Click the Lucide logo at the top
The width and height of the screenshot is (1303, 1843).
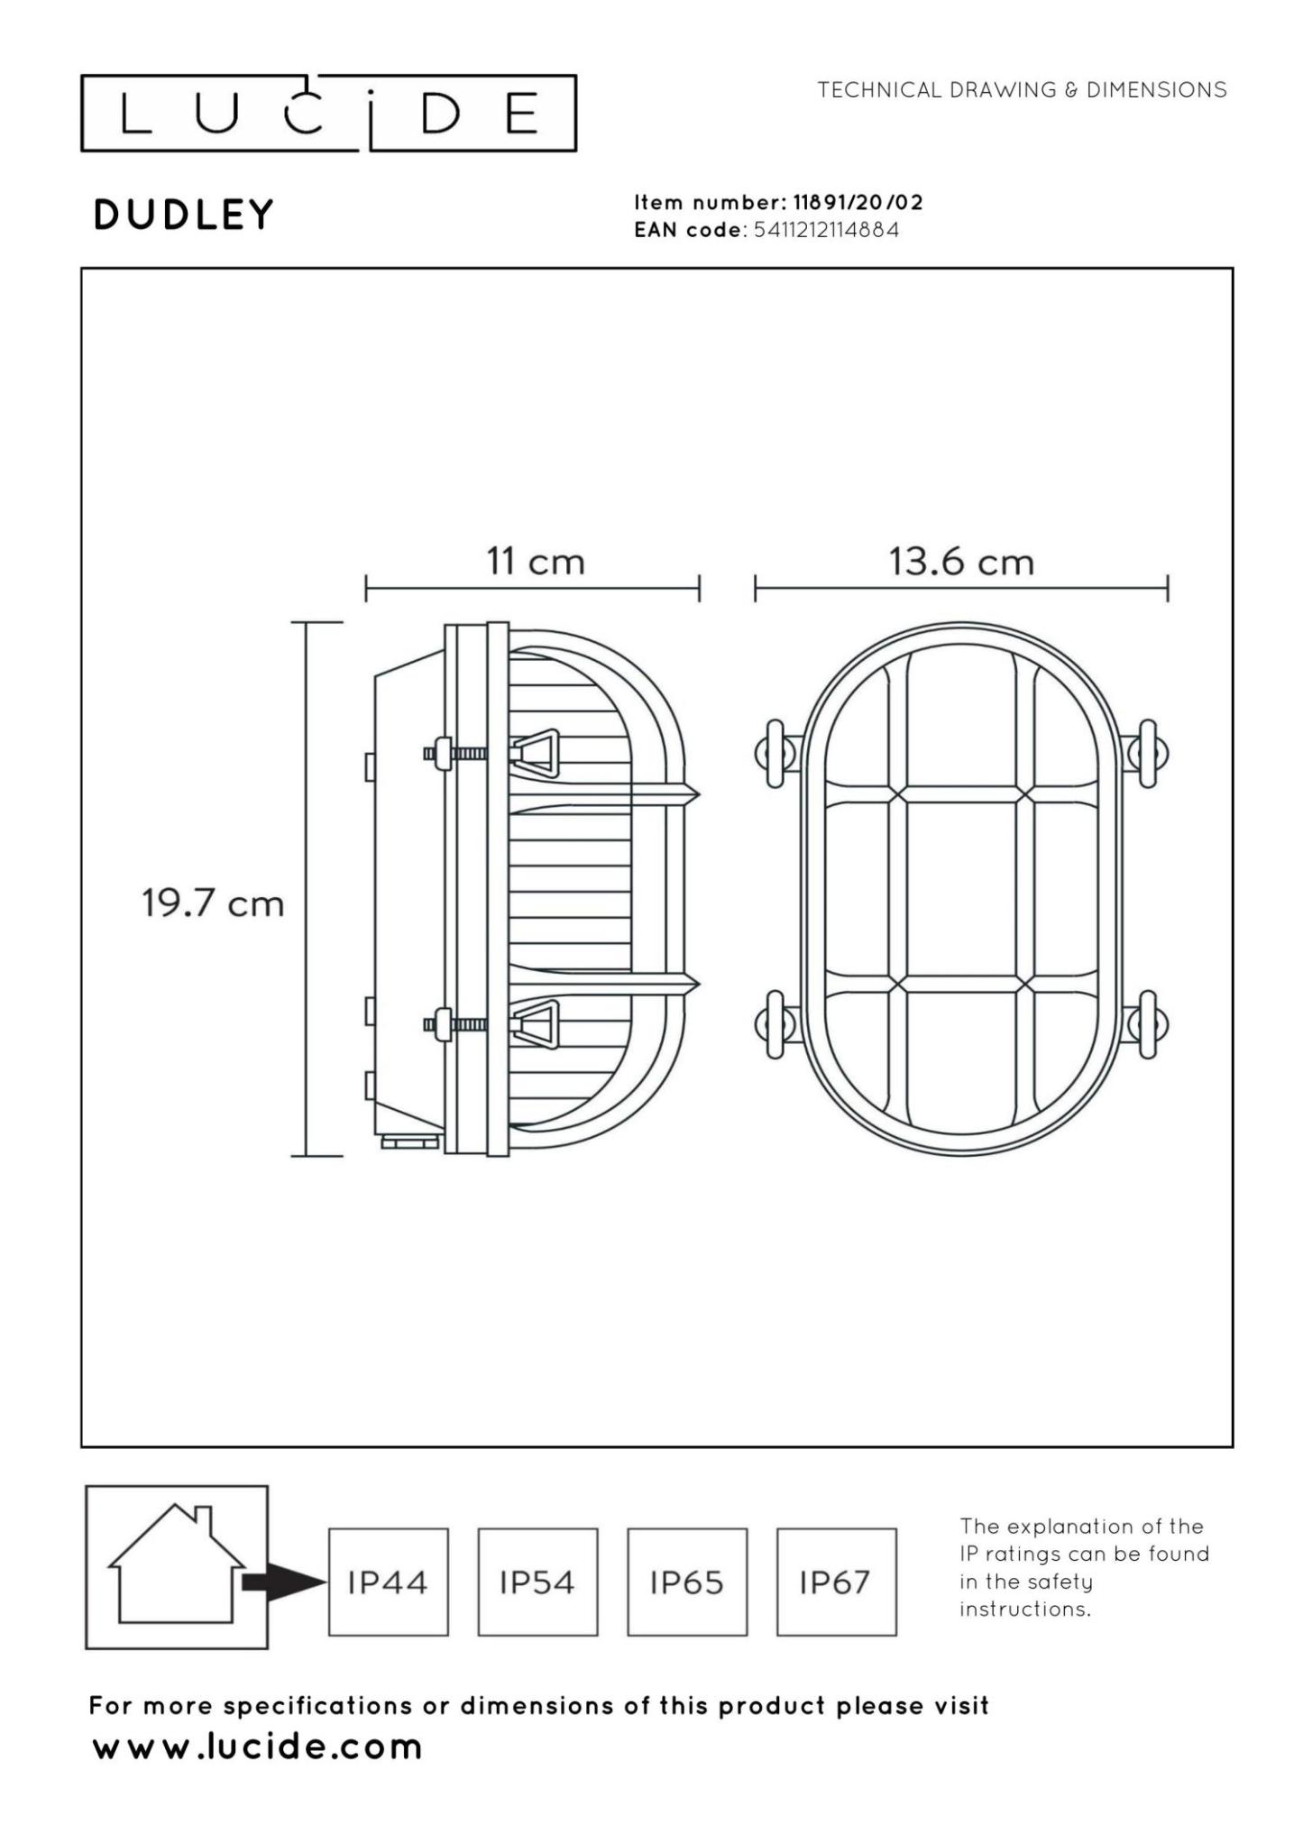tap(328, 114)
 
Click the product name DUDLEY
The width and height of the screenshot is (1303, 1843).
tap(183, 215)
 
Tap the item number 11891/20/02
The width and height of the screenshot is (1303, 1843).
tap(858, 202)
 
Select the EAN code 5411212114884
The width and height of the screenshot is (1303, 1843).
tap(826, 230)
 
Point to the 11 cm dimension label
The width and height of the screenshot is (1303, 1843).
tap(536, 562)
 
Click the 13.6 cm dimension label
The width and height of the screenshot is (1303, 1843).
tap(961, 562)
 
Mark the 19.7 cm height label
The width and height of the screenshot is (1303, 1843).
tap(213, 903)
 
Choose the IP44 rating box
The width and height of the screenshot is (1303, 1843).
tap(388, 1582)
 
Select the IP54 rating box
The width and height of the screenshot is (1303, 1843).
tap(537, 1582)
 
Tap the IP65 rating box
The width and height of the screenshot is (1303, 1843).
tap(687, 1582)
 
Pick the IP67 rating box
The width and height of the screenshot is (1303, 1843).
tap(836, 1582)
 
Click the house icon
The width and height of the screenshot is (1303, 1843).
tap(177, 1567)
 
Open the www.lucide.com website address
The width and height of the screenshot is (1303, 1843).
tap(258, 1747)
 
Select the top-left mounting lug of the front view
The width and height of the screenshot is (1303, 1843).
tap(775, 754)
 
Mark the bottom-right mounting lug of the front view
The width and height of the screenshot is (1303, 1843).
tap(1147, 1024)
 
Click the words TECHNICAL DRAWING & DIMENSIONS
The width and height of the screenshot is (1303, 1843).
tap(1022, 90)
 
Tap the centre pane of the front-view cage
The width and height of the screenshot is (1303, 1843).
tap(961, 889)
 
